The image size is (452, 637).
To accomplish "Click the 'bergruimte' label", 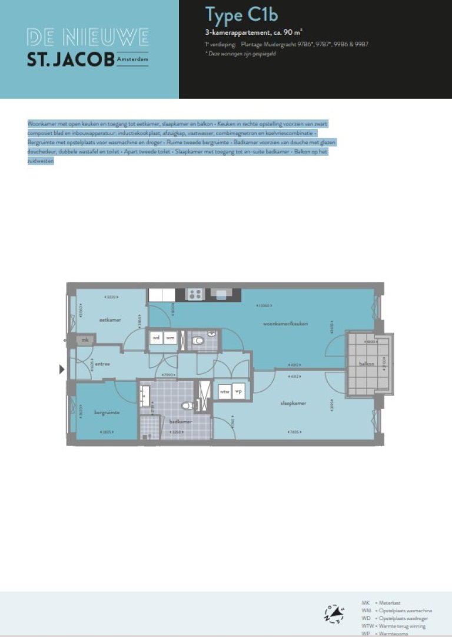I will pyautogui.click(x=107, y=412).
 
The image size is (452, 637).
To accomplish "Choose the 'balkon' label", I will pyautogui.click(x=367, y=364).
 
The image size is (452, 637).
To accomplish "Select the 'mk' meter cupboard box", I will pyautogui.click(x=85, y=340).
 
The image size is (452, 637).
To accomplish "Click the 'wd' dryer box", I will pyautogui.click(x=156, y=338).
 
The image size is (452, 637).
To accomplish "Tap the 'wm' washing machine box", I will pyautogui.click(x=170, y=338).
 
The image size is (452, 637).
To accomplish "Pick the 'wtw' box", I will pyautogui.click(x=224, y=391).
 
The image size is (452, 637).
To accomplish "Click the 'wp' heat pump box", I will pyautogui.click(x=239, y=391).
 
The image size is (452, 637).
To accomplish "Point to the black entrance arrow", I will pyautogui.click(x=62, y=369).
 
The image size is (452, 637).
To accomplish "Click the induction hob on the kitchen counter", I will pyautogui.click(x=195, y=294).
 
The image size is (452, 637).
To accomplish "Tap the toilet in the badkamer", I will pyautogui.click(x=187, y=405).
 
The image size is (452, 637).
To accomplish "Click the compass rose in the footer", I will pyautogui.click(x=333, y=613).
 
